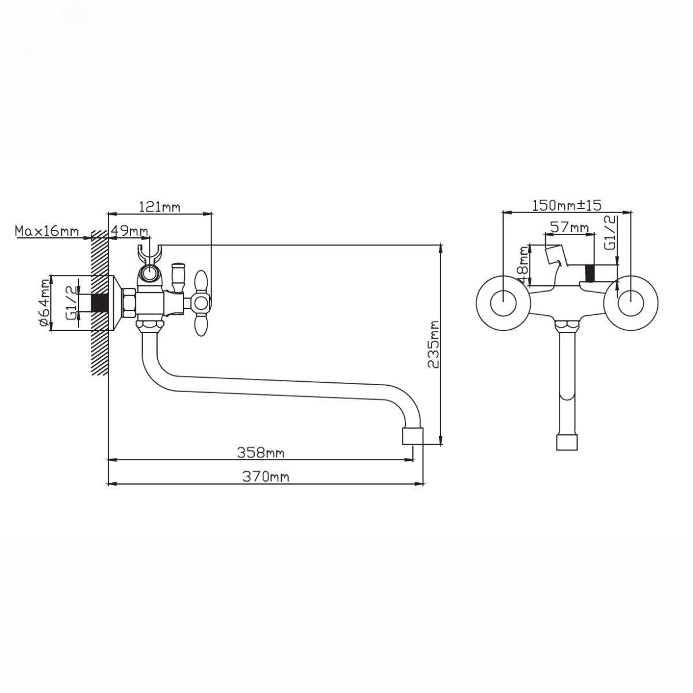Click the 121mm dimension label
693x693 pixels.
[159, 207]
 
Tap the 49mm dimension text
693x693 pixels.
[129, 230]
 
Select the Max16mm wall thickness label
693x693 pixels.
[47, 231]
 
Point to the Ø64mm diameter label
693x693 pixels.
[44, 303]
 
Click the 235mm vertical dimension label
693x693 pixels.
[433, 345]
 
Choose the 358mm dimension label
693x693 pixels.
[260, 452]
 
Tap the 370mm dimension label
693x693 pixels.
[266, 476]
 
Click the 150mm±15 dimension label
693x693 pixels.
[567, 206]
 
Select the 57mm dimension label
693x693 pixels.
[569, 228]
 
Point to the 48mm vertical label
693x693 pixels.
[524, 264]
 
